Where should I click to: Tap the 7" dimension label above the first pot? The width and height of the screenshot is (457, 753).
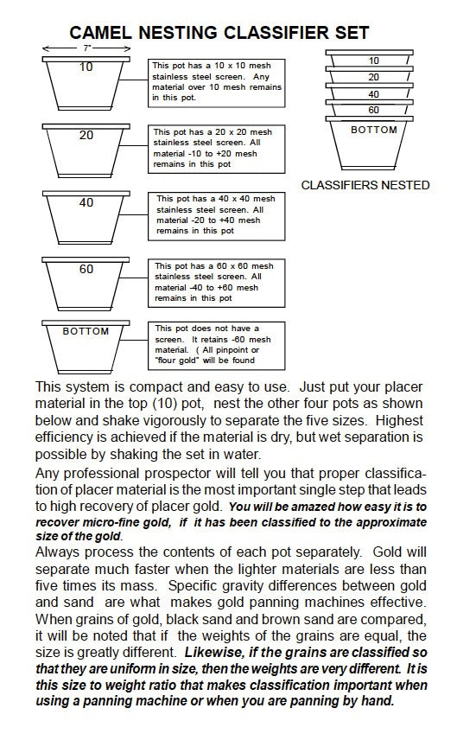[x=87, y=48]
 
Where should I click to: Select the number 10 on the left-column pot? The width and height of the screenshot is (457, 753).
[x=86, y=67]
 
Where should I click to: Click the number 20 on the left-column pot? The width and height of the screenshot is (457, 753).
[x=86, y=135]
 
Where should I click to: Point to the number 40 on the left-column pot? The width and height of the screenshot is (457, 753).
[x=86, y=202]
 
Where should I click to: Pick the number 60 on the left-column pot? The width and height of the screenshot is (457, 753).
[x=86, y=269]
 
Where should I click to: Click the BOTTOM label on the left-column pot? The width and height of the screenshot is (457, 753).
[x=86, y=331]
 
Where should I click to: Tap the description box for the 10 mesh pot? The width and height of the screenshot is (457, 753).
[x=217, y=83]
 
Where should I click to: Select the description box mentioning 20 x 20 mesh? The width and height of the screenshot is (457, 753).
[x=217, y=149]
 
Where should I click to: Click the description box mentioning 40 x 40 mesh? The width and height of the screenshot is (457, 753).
[x=217, y=216]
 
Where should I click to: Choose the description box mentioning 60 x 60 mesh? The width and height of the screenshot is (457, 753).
[x=217, y=284]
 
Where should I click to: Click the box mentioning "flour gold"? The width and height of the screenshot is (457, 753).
[x=217, y=346]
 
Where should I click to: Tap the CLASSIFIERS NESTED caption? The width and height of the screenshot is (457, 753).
[x=365, y=185]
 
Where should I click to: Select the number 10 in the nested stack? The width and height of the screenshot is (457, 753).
[x=373, y=61]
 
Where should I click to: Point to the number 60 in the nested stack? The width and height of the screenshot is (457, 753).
[x=373, y=110]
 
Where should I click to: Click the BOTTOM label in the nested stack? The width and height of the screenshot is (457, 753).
[x=374, y=130]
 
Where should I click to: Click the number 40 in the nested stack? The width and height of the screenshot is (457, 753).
[x=373, y=94]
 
